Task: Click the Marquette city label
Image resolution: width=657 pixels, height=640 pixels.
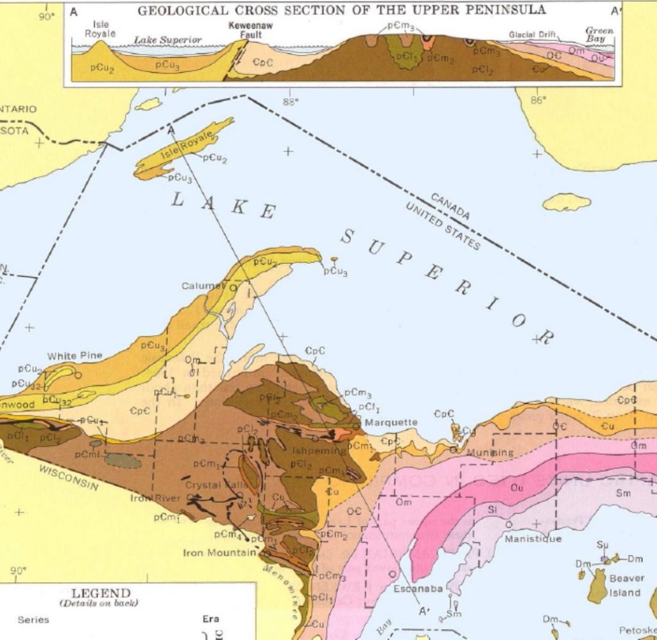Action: pos(391,422)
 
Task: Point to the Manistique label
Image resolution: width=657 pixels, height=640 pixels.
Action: pos(533,539)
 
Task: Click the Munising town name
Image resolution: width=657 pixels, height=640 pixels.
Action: pos(490,453)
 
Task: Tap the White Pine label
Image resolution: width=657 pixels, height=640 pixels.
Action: pos(74,356)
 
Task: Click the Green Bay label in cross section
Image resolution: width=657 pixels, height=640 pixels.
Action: pos(599,34)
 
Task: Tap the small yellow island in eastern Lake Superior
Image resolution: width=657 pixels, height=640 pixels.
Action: pos(567,202)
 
